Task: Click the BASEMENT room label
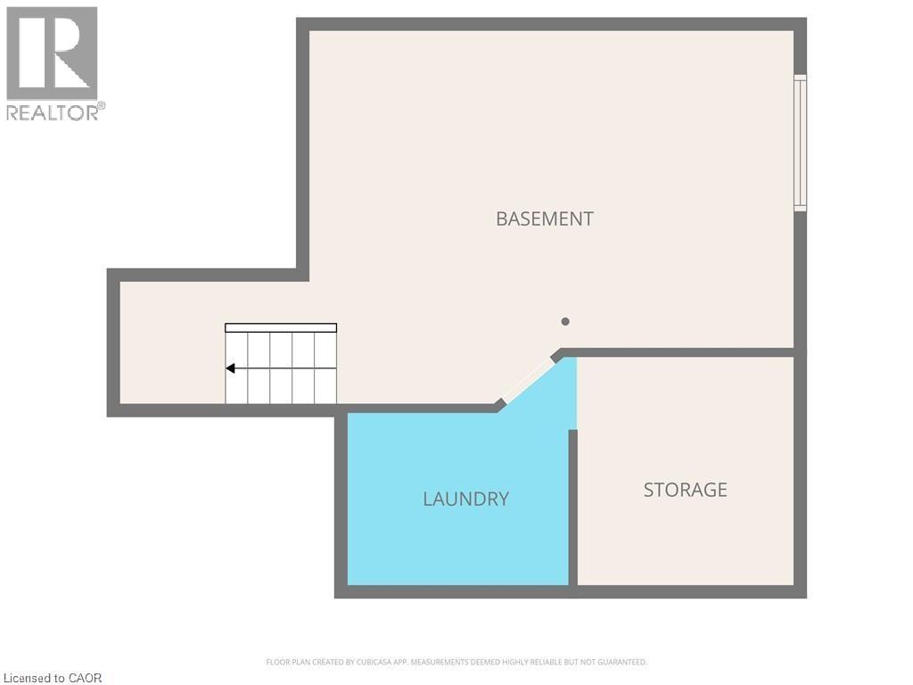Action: coord(544,219)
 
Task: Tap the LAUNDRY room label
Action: coord(465,499)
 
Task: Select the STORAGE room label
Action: coord(685,490)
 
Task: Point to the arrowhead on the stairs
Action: coord(230,368)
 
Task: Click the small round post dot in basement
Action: coord(564,322)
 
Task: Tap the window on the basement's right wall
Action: coord(800,143)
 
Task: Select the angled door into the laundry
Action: coord(528,381)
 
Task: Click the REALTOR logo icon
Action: coord(52,54)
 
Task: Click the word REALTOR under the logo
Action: coord(51,112)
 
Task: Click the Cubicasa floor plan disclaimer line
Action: coord(456,662)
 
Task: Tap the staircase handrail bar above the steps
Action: coord(281,328)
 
